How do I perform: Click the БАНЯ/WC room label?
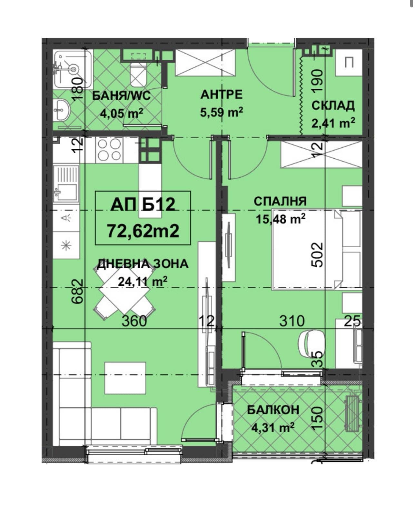[121, 96]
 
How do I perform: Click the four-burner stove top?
[109, 150]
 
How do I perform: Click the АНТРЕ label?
[222, 94]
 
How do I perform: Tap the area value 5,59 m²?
[222, 112]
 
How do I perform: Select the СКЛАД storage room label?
[333, 106]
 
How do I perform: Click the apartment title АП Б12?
[143, 204]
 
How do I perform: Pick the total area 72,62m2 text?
[143, 231]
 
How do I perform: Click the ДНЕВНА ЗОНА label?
[143, 264]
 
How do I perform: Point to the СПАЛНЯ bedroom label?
[280, 201]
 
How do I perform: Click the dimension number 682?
[78, 292]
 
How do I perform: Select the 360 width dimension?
[134, 321]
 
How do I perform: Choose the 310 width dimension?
[292, 321]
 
